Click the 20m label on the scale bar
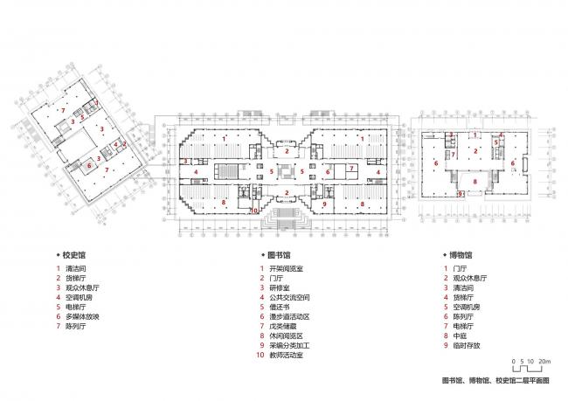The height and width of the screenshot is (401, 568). (544, 361)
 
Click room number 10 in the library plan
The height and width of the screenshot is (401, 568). (254, 211)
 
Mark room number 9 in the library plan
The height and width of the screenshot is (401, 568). (324, 204)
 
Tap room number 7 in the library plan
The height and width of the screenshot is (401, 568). (350, 167)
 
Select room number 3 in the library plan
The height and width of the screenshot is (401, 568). (185, 161)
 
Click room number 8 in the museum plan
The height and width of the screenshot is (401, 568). (474, 182)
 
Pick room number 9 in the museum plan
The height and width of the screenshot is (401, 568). (461, 194)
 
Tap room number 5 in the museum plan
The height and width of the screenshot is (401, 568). (495, 142)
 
